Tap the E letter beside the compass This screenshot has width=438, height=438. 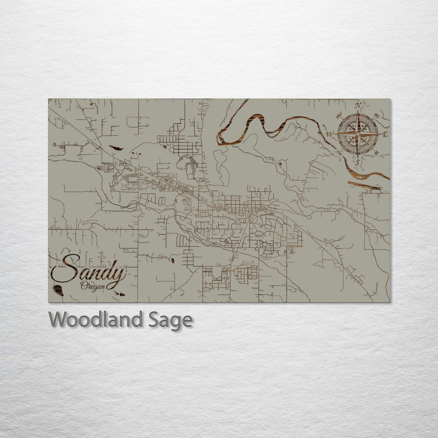385,135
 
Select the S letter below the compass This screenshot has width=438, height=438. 358,162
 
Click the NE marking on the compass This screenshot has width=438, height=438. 377,115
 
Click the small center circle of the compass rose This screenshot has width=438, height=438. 358,134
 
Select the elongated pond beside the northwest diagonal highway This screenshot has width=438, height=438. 116,148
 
